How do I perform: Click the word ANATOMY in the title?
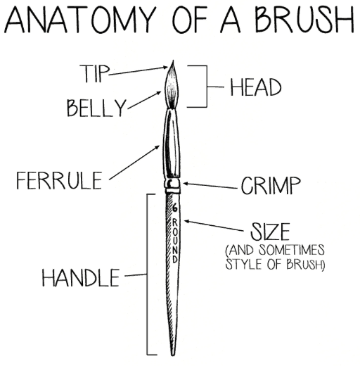[x=80, y=20]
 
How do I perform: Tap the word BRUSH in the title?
[x=304, y=19]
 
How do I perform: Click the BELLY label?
[x=96, y=108]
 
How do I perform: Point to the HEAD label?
[x=256, y=87]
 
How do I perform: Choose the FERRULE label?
[x=59, y=180]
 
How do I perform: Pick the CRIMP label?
[x=271, y=185]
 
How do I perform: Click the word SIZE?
[x=270, y=232]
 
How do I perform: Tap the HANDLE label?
[x=81, y=278]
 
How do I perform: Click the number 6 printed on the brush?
[x=175, y=207]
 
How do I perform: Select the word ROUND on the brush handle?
[x=175, y=241]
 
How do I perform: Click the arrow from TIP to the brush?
[x=139, y=71]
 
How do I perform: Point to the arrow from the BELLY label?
[x=144, y=100]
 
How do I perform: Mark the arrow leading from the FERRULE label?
[x=134, y=163]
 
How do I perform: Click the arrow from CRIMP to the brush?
[x=210, y=186]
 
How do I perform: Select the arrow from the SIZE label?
[x=214, y=226]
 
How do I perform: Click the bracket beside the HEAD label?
[x=207, y=87]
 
